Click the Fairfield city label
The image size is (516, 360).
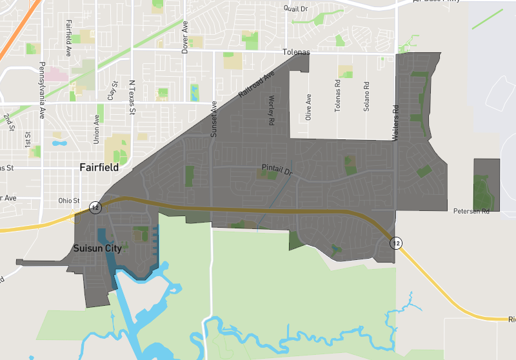[99, 167]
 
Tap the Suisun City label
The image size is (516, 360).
[97, 248]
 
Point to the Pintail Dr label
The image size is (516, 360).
[277, 170]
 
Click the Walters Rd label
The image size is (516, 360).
[396, 123]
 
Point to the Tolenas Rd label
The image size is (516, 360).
[337, 96]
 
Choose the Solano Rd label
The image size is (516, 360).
[366, 96]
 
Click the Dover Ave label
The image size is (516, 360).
[185, 37]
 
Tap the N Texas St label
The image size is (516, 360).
[132, 98]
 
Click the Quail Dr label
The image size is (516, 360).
[296, 8]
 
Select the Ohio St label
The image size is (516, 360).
[68, 200]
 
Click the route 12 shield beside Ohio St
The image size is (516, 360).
[95, 207]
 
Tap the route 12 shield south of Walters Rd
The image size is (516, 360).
[396, 243]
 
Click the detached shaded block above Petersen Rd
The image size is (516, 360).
[486, 185]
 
